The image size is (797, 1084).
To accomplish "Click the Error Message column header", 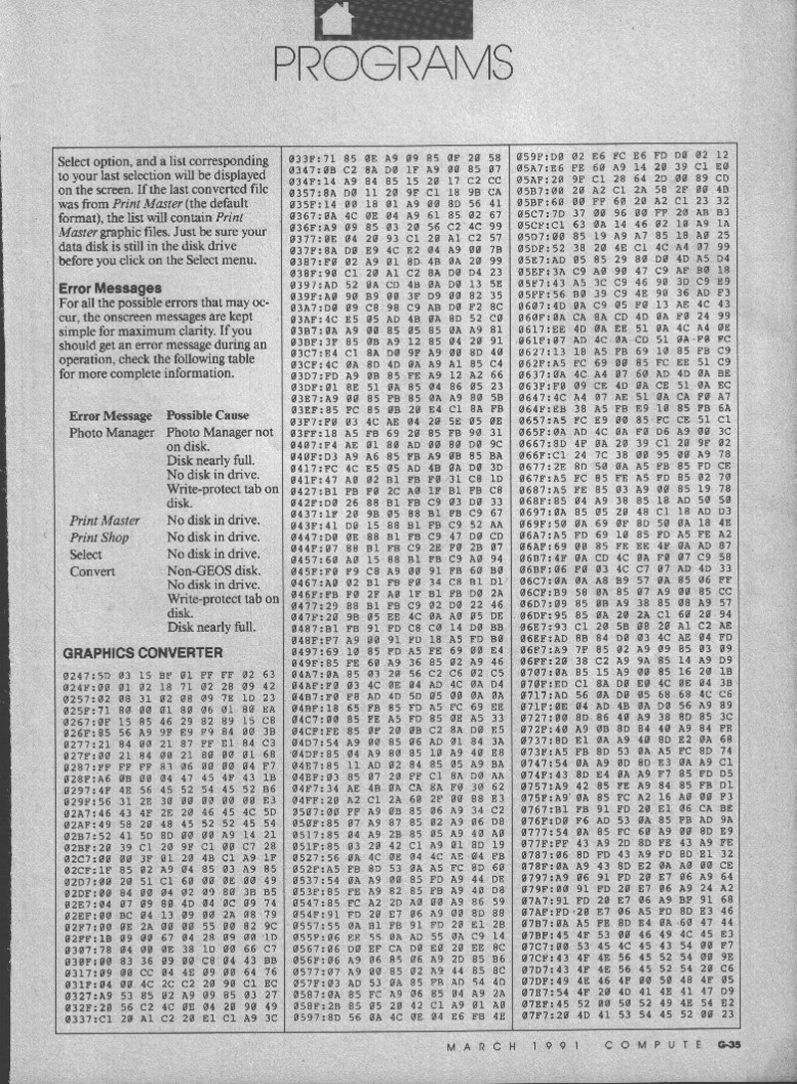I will (x=111, y=414).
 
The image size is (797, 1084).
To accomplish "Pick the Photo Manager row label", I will (x=113, y=433).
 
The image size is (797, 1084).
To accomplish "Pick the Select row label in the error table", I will (x=86, y=553).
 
